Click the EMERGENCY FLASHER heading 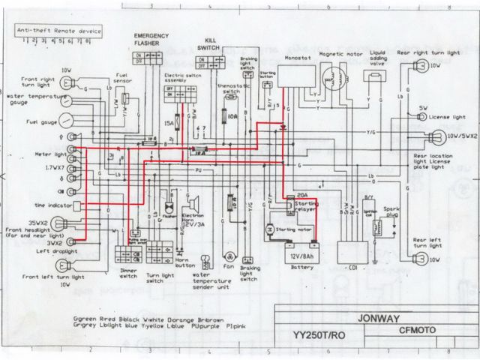149,39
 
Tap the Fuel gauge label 22,121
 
